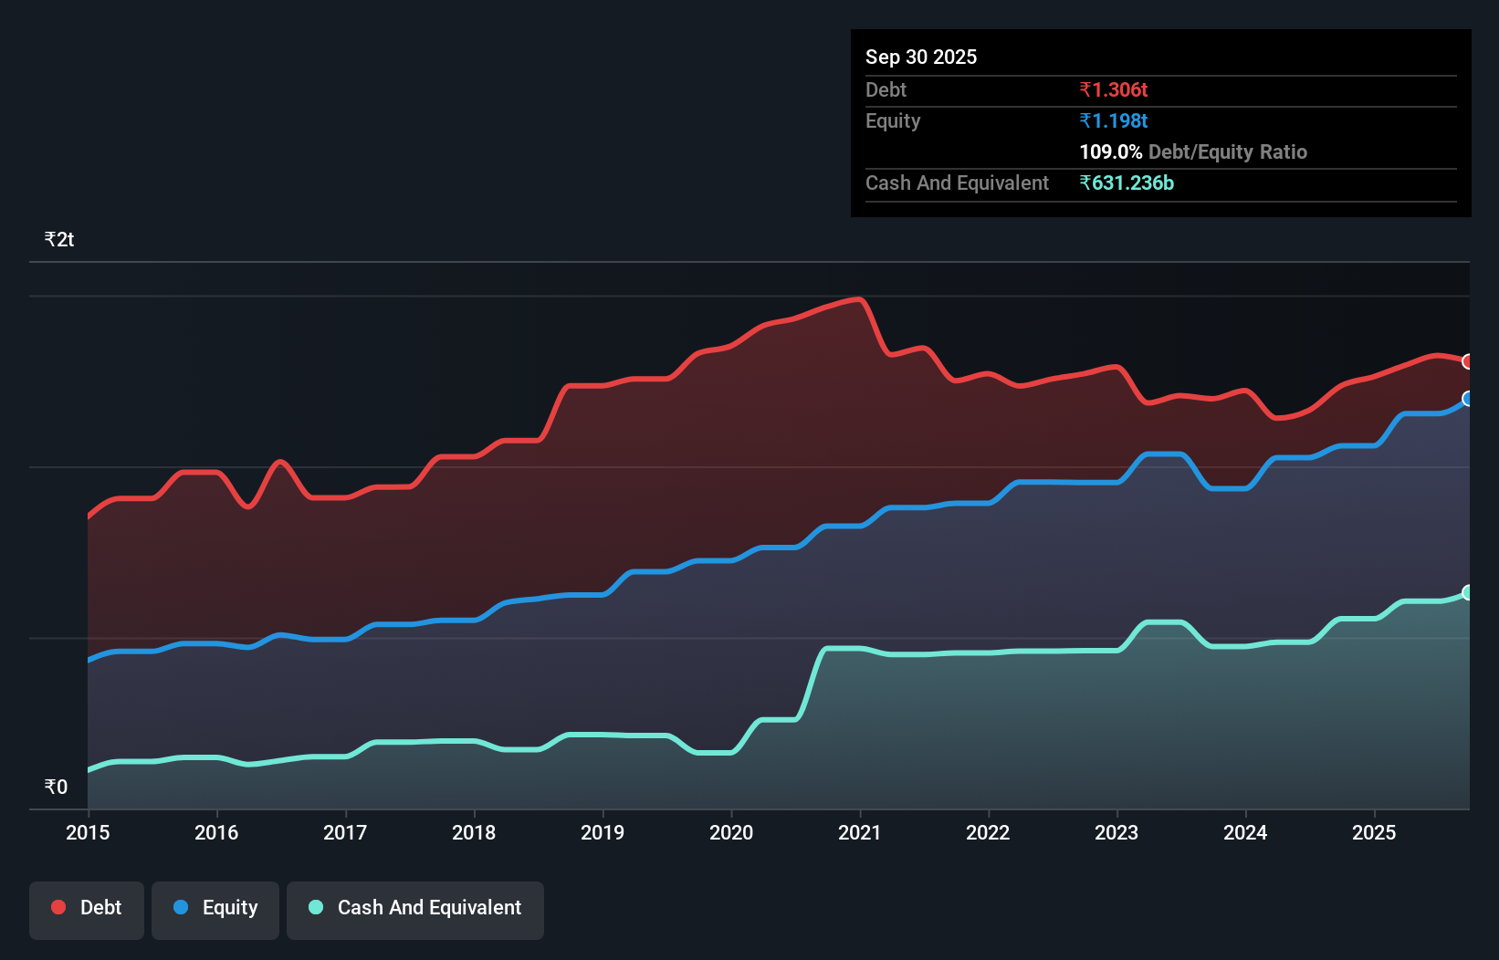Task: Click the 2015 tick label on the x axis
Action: pyautogui.click(x=88, y=832)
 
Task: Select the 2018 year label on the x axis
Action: pyautogui.click(x=474, y=832)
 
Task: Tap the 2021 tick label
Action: pyautogui.click(x=860, y=832)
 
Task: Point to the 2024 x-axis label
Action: pyautogui.click(x=1245, y=832)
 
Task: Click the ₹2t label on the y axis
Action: pyautogui.click(x=59, y=240)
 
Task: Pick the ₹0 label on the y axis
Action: pyautogui.click(x=57, y=787)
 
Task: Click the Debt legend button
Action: pyautogui.click(x=87, y=908)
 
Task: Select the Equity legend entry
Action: pyautogui.click(x=215, y=908)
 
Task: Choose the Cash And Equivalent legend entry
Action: pyautogui.click(x=415, y=908)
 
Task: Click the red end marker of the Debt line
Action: pyautogui.click(x=1468, y=361)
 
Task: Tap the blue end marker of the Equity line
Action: pyautogui.click(x=1468, y=399)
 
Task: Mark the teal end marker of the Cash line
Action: pyautogui.click(x=1468, y=592)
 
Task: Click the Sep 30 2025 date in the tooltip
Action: pyautogui.click(x=921, y=57)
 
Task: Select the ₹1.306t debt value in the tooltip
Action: pyautogui.click(x=1113, y=89)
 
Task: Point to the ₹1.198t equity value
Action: pyautogui.click(x=1113, y=120)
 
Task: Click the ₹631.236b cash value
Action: pyautogui.click(x=1127, y=183)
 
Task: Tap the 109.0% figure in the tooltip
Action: pyautogui.click(x=1110, y=151)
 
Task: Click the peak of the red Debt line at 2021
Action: pyautogui.click(x=858, y=298)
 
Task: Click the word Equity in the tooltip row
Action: pyautogui.click(x=893, y=120)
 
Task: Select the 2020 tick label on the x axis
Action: pyautogui.click(x=731, y=832)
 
